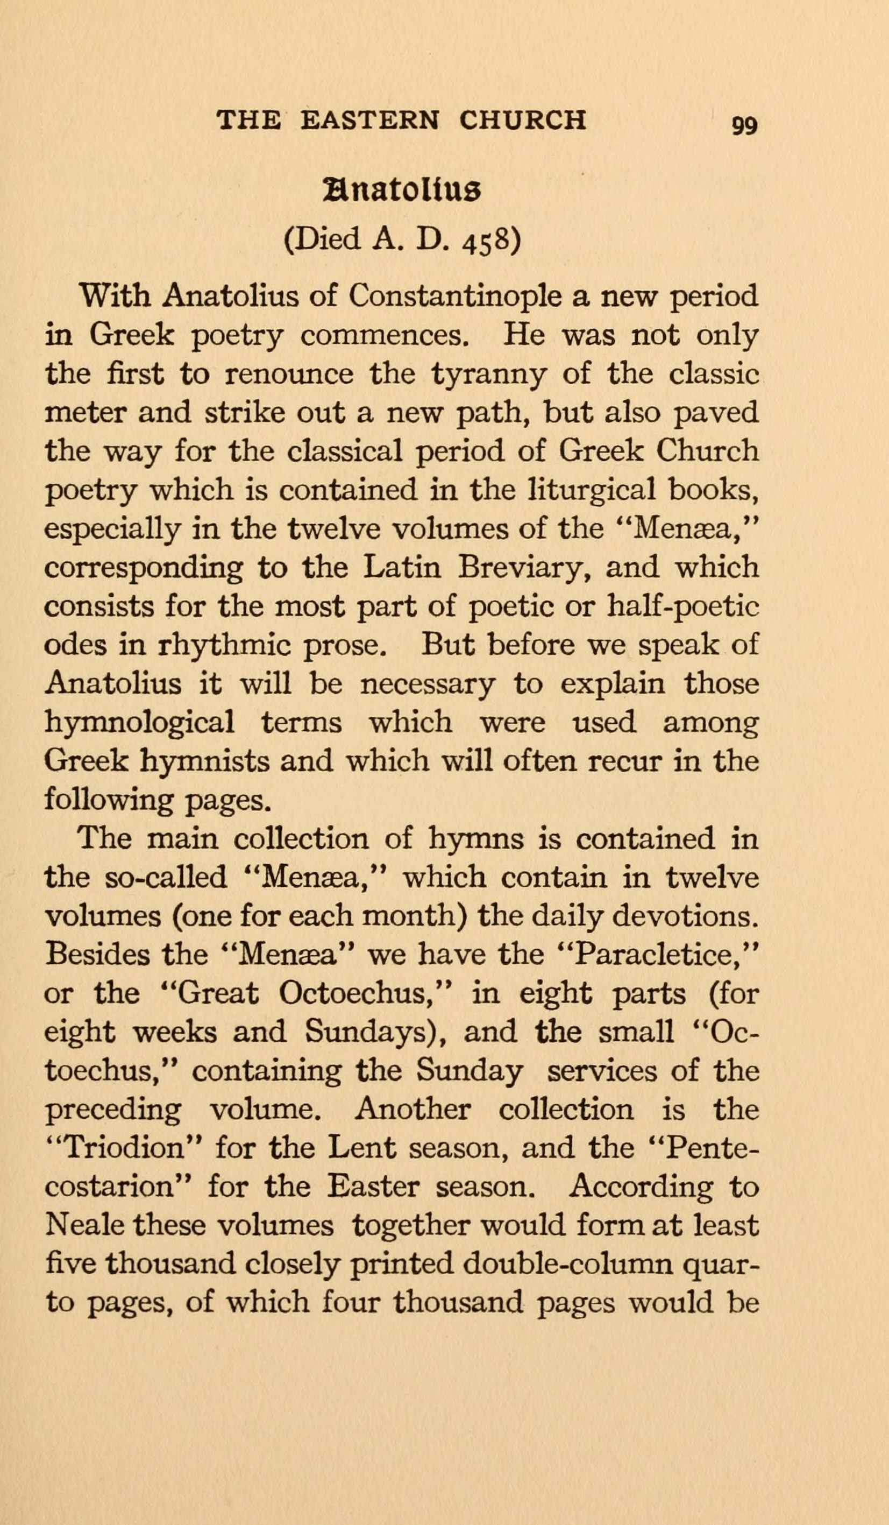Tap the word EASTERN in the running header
point(369,120)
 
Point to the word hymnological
point(140,723)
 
